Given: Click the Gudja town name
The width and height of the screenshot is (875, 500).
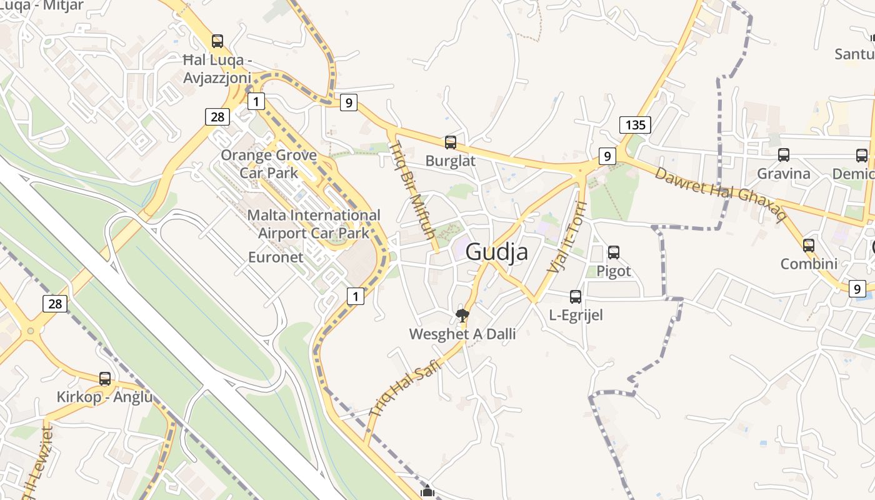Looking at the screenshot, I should [x=497, y=252].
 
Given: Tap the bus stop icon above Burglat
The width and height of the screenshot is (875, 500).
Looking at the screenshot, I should [x=451, y=142].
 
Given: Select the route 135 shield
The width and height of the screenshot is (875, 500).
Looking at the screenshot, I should [x=635, y=124].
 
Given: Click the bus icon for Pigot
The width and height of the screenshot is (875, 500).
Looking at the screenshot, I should [x=614, y=252].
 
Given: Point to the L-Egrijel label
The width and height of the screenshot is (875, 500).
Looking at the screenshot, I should [x=576, y=315].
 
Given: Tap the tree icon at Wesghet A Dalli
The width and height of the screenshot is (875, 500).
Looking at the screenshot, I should [x=462, y=316].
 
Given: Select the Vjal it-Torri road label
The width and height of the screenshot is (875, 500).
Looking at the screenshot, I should [x=567, y=237].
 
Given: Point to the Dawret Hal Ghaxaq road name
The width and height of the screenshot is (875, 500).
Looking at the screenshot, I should [x=720, y=194].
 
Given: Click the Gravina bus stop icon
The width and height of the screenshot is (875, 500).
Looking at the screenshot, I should [x=784, y=155].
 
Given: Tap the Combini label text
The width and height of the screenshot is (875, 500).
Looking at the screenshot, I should [x=809, y=264].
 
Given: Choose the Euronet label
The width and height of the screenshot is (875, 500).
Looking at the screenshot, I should [x=276, y=257].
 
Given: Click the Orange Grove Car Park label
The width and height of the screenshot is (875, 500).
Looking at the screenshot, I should [x=269, y=164].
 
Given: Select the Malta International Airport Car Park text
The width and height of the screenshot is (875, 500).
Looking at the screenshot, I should [x=314, y=224].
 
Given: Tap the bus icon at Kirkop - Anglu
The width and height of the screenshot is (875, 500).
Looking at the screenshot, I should [x=105, y=379].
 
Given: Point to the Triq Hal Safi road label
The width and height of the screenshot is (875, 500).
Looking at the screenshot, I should [x=405, y=387].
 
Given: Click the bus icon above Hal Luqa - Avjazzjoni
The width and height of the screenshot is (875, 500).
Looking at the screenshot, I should [x=217, y=41].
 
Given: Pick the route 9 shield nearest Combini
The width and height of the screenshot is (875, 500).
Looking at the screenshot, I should [x=857, y=288].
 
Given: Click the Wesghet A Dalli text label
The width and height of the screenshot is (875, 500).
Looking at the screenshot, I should [x=462, y=334].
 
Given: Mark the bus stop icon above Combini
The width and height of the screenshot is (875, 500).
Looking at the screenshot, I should [x=809, y=246].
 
